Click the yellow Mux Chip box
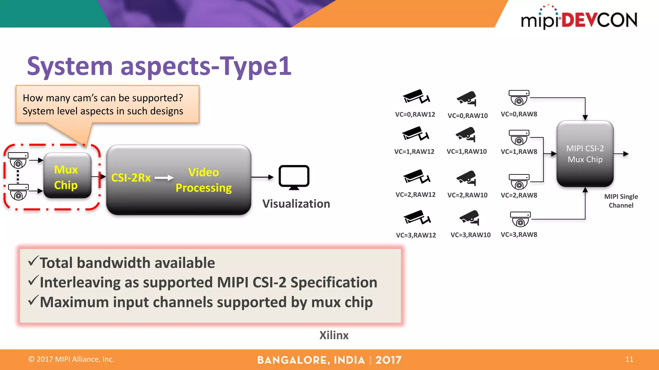(x=67, y=176)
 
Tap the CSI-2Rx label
(x=131, y=178)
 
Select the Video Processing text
(x=203, y=180)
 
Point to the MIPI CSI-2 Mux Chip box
(x=585, y=154)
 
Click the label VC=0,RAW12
(x=415, y=114)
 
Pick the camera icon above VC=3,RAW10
(x=470, y=218)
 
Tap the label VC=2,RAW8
(x=519, y=195)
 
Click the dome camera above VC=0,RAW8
(x=519, y=98)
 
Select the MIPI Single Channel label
(x=621, y=201)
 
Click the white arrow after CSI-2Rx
(x=164, y=178)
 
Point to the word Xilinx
(x=334, y=335)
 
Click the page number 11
(x=629, y=359)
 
